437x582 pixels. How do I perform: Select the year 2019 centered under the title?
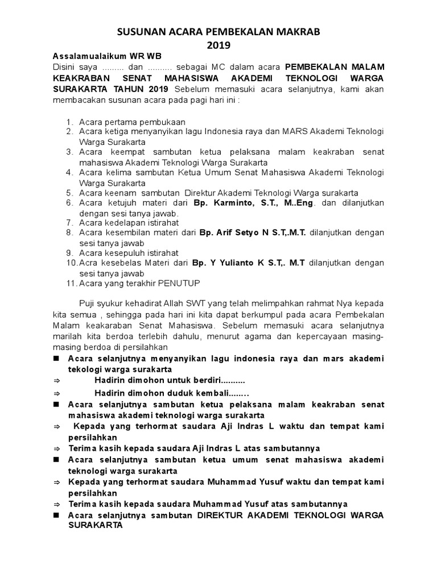[x=218, y=45]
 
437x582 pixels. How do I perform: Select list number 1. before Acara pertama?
[x=69, y=122]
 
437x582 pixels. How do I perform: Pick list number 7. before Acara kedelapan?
[x=69, y=222]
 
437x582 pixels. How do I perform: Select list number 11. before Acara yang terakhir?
[x=71, y=283]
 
